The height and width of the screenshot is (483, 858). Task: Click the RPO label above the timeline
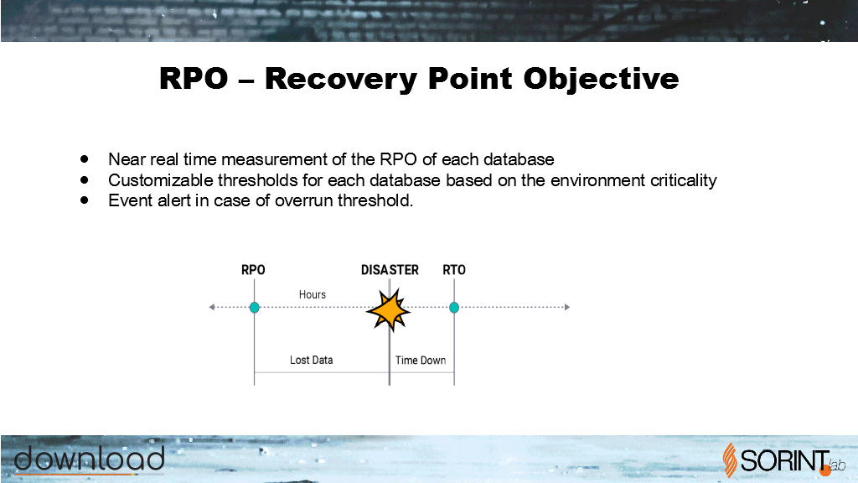pyautogui.click(x=253, y=270)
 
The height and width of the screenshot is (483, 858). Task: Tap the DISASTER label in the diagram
pyautogui.click(x=390, y=270)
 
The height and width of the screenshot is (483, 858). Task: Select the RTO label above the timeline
pyautogui.click(x=454, y=270)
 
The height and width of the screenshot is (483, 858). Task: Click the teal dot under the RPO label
pyautogui.click(x=255, y=307)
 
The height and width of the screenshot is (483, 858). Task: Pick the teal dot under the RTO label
pyautogui.click(x=454, y=307)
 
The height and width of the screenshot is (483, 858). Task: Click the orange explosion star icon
pyautogui.click(x=389, y=310)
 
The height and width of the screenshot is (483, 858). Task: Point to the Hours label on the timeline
pyautogui.click(x=313, y=294)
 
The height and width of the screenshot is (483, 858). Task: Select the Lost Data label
pyautogui.click(x=312, y=360)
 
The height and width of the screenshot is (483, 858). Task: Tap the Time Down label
pyautogui.click(x=421, y=361)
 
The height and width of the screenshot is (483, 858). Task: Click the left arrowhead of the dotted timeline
pyautogui.click(x=212, y=307)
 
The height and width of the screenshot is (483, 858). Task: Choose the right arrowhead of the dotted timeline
pyautogui.click(x=567, y=307)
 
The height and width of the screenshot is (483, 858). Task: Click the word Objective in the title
pyautogui.click(x=601, y=79)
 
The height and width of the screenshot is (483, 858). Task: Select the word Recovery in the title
pyautogui.click(x=342, y=79)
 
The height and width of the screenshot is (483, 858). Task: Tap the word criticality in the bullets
pyautogui.click(x=684, y=180)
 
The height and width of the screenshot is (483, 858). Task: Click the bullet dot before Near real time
pyautogui.click(x=85, y=159)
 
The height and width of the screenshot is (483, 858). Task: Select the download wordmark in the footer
pyautogui.click(x=89, y=459)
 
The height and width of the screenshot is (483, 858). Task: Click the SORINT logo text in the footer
pyautogui.click(x=785, y=460)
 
